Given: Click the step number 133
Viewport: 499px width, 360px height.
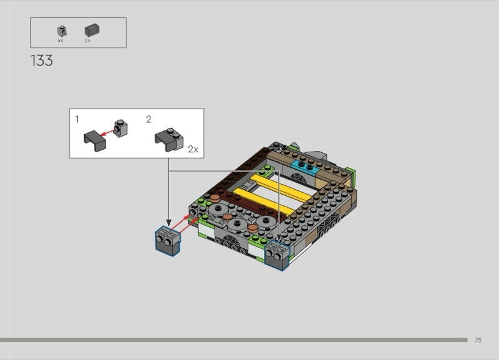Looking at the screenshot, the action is [42, 61].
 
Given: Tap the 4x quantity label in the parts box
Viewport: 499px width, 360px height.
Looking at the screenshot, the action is [60, 41].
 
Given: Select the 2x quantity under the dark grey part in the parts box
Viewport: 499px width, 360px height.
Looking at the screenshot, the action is [87, 41].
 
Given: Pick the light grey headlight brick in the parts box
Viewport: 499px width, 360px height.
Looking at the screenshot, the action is [62, 31].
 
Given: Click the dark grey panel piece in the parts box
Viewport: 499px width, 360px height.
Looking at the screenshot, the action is [92, 30].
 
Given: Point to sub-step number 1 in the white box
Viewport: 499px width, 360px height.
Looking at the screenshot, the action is [77, 119].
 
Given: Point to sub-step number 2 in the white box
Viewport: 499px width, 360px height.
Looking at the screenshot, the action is [148, 119].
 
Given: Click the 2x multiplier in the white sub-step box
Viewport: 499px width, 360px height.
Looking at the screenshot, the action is [193, 149].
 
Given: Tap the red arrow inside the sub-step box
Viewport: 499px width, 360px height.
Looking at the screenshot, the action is [108, 132].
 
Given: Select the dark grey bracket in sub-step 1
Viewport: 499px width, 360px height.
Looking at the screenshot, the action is [95, 140].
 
